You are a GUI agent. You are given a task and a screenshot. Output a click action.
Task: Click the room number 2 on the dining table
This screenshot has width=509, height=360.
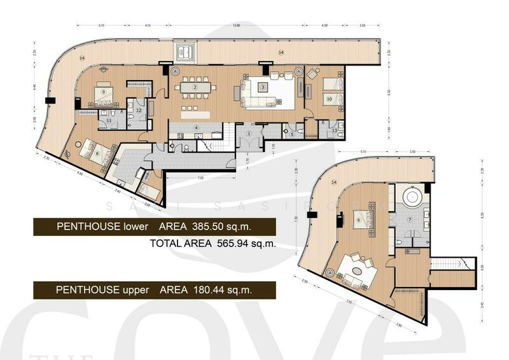pos(195,87)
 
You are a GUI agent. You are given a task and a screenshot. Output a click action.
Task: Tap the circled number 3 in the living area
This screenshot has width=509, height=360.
pos(262,87)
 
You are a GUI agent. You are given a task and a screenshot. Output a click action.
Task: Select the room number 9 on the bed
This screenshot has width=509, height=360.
pos(103,91)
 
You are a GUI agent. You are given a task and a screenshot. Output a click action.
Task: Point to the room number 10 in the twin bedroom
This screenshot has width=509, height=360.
pos(329,99)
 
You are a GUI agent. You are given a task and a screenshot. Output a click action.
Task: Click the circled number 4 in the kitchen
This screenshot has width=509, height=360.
pos(197,128)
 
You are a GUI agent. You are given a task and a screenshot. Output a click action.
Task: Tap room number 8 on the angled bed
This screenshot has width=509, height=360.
pos(97,153)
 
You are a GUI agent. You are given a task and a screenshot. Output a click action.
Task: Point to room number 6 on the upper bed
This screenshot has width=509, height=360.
pos(358,220)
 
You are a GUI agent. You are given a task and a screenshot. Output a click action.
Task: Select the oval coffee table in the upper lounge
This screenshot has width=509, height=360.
pos(359,270)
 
